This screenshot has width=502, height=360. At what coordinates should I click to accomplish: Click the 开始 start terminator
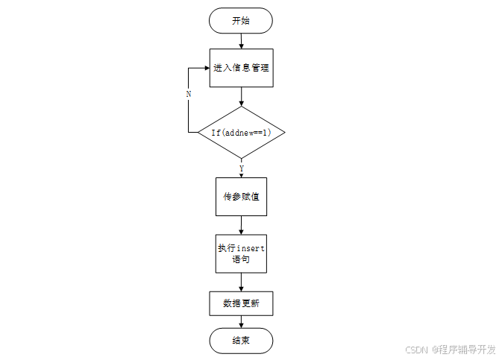coord(241,20)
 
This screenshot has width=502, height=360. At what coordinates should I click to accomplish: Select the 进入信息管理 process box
coord(241,68)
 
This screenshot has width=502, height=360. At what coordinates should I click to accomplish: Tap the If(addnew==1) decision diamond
coord(241,132)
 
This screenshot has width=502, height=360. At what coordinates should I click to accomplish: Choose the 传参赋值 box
coord(241,197)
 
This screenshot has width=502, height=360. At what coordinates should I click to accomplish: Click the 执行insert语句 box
coord(241,254)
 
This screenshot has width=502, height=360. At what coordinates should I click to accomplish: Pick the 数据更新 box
coord(241,303)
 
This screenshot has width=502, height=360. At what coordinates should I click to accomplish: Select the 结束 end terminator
coord(241,341)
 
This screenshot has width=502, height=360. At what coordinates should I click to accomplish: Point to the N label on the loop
coord(189,95)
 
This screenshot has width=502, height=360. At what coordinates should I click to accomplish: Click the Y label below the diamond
coord(241,168)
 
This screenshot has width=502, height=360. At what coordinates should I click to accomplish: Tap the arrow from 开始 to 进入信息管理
coord(241,41)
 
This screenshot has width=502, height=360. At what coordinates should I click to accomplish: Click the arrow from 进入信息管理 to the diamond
coord(241,96)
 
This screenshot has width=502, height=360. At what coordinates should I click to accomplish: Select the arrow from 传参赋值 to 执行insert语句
coord(241,226)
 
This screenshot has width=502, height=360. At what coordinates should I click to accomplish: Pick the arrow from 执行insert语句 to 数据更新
coord(241,282)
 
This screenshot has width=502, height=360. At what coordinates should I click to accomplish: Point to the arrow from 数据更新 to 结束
coord(241,322)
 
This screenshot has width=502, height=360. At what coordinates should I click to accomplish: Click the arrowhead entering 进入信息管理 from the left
coord(205,68)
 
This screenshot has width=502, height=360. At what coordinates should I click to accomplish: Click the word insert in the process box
coord(251,248)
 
